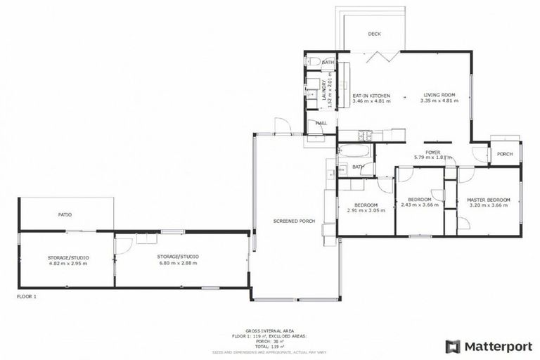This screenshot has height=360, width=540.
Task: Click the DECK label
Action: pyautogui.click(x=374, y=34)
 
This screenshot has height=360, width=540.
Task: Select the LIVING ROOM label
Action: pyautogui.click(x=440, y=95)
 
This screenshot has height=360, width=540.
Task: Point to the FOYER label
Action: pyautogui.click(x=432, y=151)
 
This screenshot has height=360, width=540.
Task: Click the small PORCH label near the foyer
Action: pyautogui.click(x=504, y=154)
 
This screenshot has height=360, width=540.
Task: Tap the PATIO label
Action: pyautogui.click(x=65, y=214)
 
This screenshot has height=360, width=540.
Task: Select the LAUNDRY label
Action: pyautogui.click(x=323, y=94)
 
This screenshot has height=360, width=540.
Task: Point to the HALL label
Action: pyautogui.click(x=321, y=123)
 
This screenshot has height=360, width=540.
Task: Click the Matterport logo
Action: pyautogui.click(x=489, y=346)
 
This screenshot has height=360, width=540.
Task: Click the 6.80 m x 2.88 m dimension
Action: pyautogui.click(x=178, y=262)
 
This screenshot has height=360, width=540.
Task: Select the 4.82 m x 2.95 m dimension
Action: pyautogui.click(x=67, y=263)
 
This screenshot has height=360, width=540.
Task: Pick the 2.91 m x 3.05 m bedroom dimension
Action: pyautogui.click(x=366, y=210)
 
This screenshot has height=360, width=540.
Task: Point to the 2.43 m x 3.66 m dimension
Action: pyautogui.click(x=420, y=204)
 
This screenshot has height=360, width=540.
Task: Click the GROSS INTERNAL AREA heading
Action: pyautogui.click(x=269, y=330)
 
